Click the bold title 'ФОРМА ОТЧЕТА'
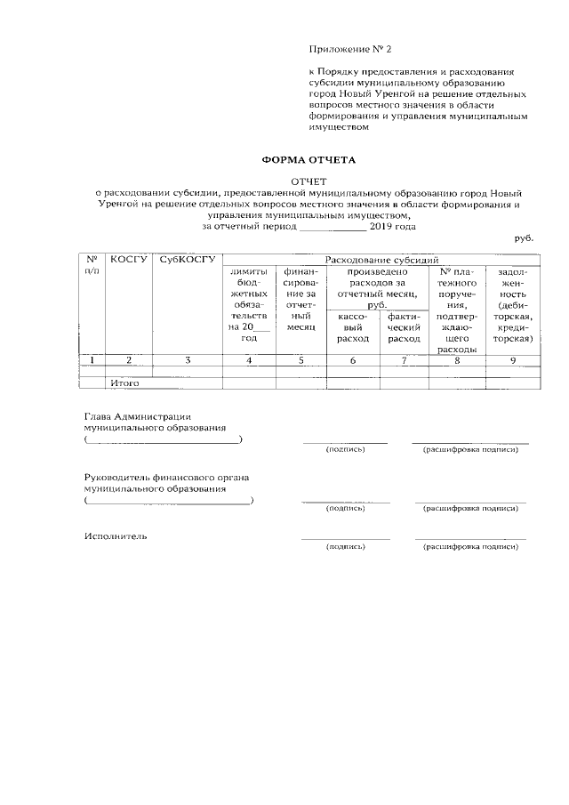[308, 160]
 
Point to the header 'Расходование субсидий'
[383, 259]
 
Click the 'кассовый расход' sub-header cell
[354, 327]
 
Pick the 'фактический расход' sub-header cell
[405, 327]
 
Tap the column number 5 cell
[301, 360]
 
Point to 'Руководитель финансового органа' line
[166, 477]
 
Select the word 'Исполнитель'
[116, 536]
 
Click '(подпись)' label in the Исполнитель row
[346, 546]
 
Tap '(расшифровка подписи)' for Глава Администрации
[470, 449]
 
